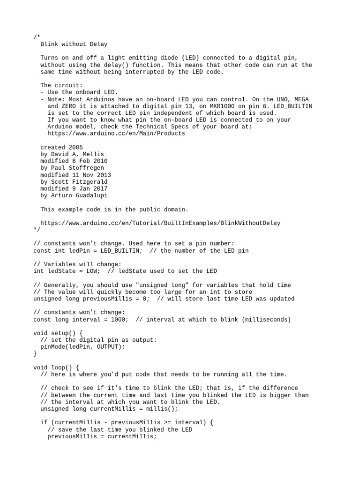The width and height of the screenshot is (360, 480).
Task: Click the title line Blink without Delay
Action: coord(74,44)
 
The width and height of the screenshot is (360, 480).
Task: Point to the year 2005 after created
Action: coord(75,147)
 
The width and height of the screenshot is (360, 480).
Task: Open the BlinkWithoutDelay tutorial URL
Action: coord(160,223)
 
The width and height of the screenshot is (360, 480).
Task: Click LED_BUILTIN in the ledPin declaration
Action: coord(118,250)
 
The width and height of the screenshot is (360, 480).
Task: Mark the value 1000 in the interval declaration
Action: coord(118,319)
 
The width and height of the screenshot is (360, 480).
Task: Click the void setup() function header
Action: coord(58,333)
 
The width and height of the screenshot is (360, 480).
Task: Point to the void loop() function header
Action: coord(56,367)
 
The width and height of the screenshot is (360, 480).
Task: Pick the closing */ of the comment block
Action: coord(37,230)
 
